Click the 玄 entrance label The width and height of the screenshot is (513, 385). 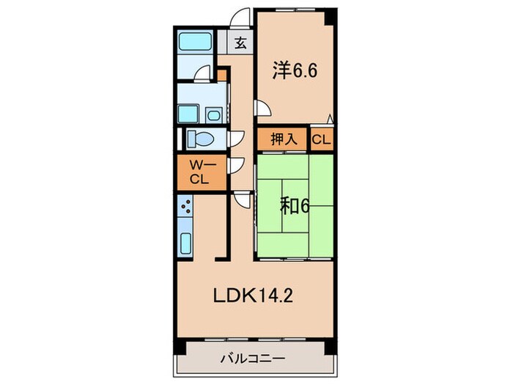(240, 43)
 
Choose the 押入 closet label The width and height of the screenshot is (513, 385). (281, 139)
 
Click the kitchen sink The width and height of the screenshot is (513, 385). (185, 242)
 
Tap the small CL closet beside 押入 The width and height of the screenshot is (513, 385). (320, 139)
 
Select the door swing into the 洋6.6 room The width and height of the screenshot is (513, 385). (262, 108)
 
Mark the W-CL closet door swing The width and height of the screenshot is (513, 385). (237, 166)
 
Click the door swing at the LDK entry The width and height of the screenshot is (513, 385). (242, 199)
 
